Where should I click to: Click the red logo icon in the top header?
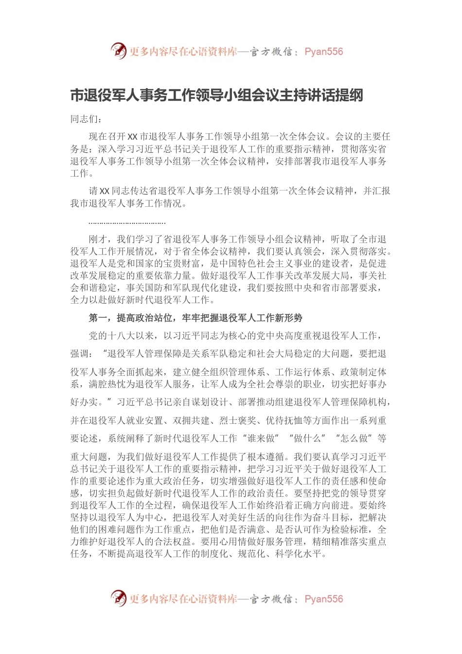point(118,51)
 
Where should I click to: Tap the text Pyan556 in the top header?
point(324,52)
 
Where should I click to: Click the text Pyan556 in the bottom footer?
point(324,599)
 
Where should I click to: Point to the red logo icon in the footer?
point(118,598)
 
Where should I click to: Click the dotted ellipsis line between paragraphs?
point(127,223)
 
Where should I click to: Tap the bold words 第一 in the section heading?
point(98,318)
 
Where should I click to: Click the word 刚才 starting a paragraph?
point(98,239)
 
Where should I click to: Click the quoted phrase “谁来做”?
point(261,438)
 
